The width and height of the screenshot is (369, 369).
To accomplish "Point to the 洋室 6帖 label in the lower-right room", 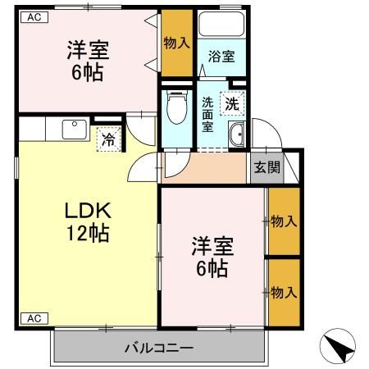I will click(212, 257).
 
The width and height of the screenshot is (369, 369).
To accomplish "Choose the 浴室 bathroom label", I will click(221, 57).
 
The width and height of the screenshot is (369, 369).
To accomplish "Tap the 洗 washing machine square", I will click(234, 104).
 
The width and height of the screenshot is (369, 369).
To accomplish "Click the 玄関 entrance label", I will click(266, 168).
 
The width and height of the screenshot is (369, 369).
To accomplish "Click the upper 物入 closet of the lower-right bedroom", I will click(284, 221).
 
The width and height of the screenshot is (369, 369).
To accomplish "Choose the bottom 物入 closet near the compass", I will click(284, 292).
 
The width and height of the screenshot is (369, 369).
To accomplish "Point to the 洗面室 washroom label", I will click(208, 114).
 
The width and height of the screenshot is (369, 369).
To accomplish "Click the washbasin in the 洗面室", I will click(237, 138).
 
